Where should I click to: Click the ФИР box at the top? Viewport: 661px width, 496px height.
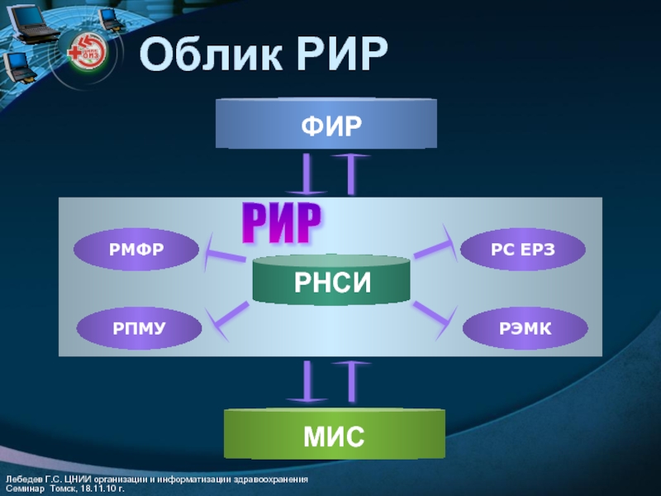click(x=326, y=124)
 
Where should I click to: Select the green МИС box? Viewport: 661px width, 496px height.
click(x=335, y=434)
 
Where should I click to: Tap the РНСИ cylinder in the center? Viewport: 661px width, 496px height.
click(x=331, y=280)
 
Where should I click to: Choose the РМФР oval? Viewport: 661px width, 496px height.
click(x=136, y=249)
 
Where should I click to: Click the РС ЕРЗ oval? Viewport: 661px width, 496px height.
click(x=522, y=249)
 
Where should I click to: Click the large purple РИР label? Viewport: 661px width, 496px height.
click(x=280, y=222)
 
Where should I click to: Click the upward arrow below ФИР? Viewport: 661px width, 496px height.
click(x=353, y=173)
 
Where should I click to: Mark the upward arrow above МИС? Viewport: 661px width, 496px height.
click(x=353, y=383)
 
